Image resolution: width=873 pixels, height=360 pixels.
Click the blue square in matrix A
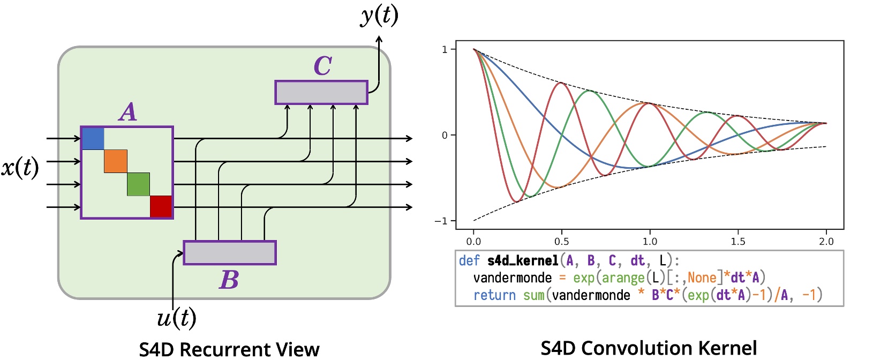pyautogui.click(x=93, y=139)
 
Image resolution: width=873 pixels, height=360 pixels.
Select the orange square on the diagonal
pyautogui.click(x=116, y=161)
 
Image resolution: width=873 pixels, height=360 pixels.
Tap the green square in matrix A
pyautogui.click(x=138, y=184)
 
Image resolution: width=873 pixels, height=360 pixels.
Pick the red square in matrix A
pyautogui.click(x=161, y=207)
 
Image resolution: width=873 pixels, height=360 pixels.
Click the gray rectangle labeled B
pyautogui.click(x=230, y=253)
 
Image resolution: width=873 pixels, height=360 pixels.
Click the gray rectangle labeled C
pyautogui.click(x=321, y=93)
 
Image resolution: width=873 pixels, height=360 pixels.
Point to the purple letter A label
pyautogui.click(x=128, y=112)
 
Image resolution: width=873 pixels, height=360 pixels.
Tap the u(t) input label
pyautogui.click(x=176, y=318)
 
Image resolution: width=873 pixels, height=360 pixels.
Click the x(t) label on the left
pyautogui.click(x=20, y=168)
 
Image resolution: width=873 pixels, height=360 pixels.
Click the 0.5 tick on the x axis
pyautogui.click(x=561, y=242)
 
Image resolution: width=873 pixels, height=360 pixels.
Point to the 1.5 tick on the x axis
pyautogui.click(x=738, y=242)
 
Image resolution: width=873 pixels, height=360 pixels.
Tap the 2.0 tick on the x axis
pyautogui.click(x=826, y=242)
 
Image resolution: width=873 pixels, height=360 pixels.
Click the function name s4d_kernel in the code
pyautogui.click(x=523, y=261)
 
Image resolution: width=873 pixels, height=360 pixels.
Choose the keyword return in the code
pyautogui.click(x=494, y=295)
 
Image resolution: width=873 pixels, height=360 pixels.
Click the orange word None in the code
pyautogui.click(x=702, y=278)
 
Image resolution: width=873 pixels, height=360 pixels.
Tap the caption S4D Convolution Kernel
pyautogui.click(x=649, y=348)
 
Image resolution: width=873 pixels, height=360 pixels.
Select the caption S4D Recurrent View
pyautogui.click(x=229, y=349)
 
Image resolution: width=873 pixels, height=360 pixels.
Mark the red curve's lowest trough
pyautogui.click(x=516, y=201)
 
